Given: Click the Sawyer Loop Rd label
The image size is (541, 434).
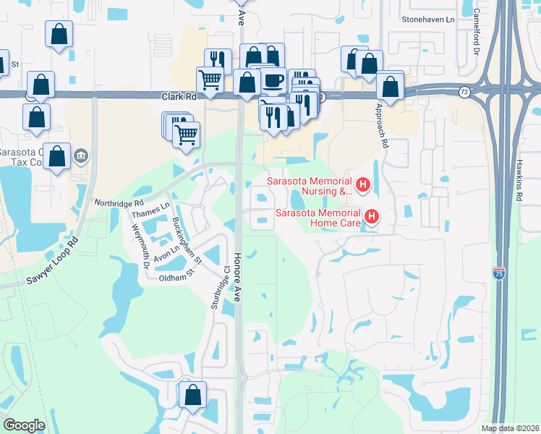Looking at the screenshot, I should pos(51,255).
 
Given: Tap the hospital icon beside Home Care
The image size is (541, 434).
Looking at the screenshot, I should pos(372,216).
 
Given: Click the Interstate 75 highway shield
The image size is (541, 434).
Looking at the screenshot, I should pos(498,273).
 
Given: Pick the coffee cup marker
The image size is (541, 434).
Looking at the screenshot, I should pos(273,82).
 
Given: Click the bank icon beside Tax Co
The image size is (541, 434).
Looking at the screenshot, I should pos(80,156).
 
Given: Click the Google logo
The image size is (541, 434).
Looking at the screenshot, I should pos(25,425).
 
